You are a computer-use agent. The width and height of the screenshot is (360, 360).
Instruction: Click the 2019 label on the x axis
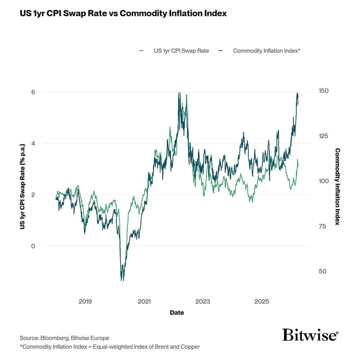[x=85, y=302]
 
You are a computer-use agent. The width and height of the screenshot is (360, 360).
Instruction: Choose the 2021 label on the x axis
[x=144, y=302]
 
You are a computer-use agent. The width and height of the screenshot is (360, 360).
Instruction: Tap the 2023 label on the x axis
[x=203, y=302]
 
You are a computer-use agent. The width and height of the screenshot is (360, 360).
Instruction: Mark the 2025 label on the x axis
[x=261, y=302]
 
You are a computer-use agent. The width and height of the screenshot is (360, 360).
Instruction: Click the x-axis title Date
[x=177, y=312]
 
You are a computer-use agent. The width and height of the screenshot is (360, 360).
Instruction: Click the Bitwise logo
[x=310, y=335]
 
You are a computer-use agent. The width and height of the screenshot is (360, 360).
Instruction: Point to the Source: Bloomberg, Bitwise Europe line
[x=64, y=337]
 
